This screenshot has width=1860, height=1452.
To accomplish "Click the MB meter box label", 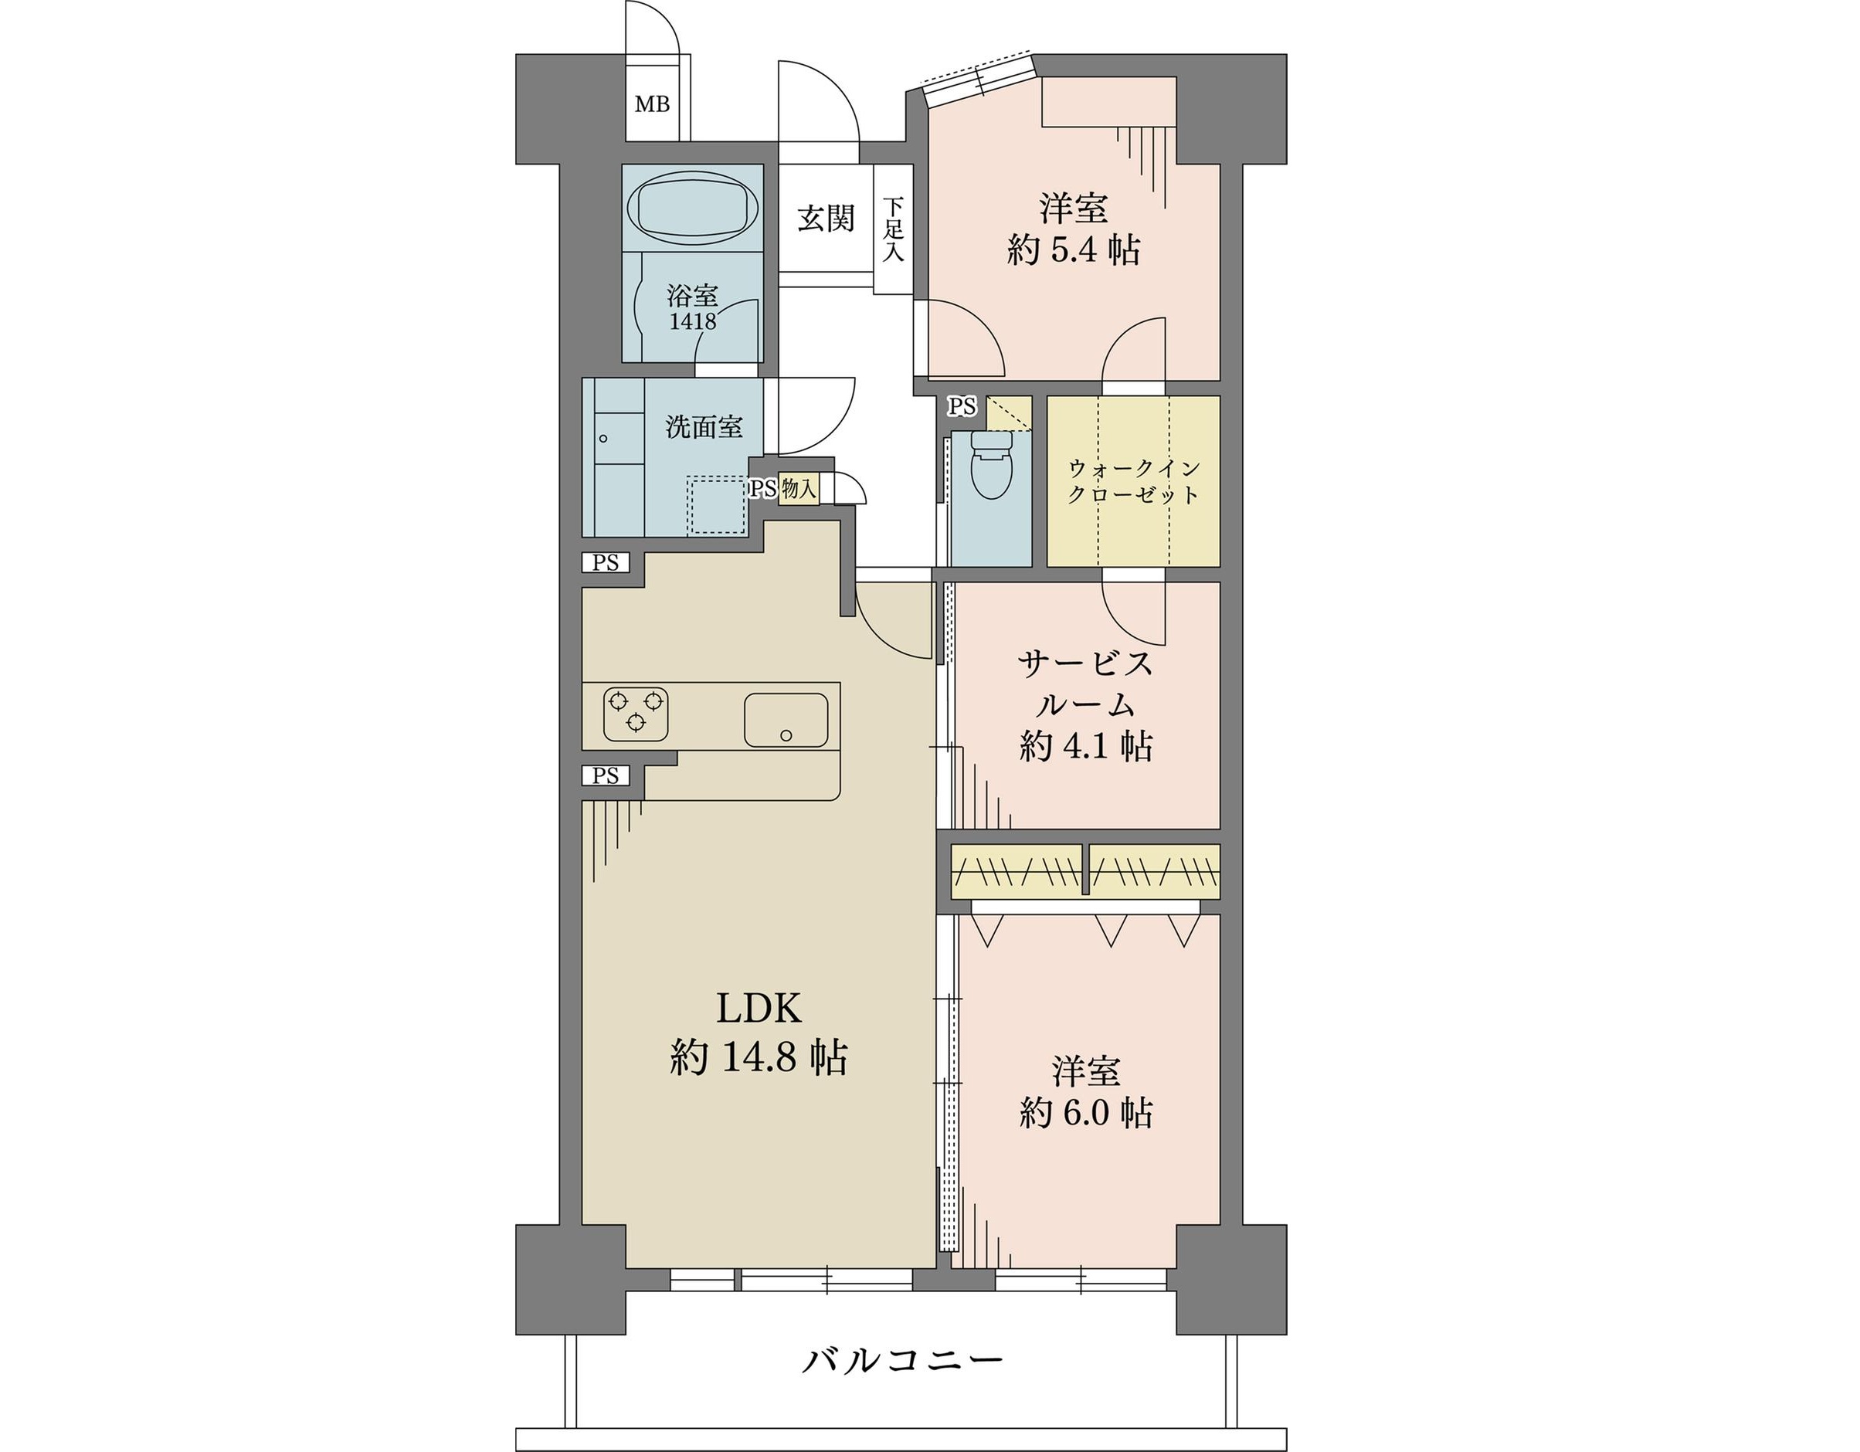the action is pyautogui.click(x=653, y=105).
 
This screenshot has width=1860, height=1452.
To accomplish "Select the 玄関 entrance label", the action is pyautogui.click(x=825, y=218).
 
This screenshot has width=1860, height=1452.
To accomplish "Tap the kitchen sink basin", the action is pyautogui.click(x=786, y=720).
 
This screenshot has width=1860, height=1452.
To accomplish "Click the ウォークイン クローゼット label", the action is pyautogui.click(x=1134, y=481).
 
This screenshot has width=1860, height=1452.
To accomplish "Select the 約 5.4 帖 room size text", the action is pyautogui.click(x=1073, y=250).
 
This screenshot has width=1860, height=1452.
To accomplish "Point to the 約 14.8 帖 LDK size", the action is pyautogui.click(x=758, y=1059).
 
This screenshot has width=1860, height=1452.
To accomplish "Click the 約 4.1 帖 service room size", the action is pyautogui.click(x=1086, y=747).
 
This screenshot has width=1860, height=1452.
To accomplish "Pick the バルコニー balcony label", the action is pyautogui.click(x=903, y=1360).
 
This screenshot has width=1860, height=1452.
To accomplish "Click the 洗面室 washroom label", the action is pyautogui.click(x=704, y=426).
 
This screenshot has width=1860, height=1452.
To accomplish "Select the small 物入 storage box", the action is pyautogui.click(x=799, y=490).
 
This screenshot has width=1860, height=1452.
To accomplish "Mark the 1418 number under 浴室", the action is pyautogui.click(x=692, y=322).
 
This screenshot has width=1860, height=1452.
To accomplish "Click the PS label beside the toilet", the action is pyautogui.click(x=962, y=407).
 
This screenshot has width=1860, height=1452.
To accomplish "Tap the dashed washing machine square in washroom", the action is pyautogui.click(x=717, y=505).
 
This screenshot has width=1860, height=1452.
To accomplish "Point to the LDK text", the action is pyautogui.click(x=758, y=1009).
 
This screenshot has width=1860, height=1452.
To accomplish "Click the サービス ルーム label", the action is pyautogui.click(x=1086, y=684).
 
